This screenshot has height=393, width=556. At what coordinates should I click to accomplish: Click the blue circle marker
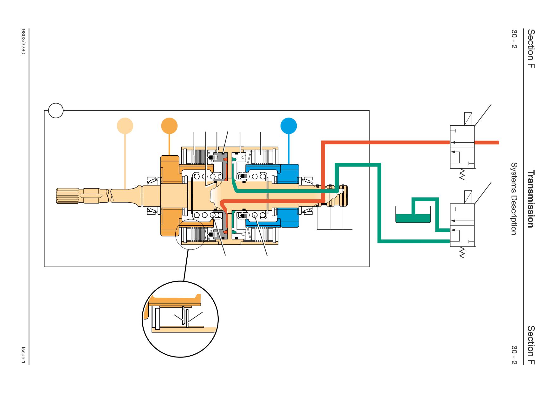[288, 126]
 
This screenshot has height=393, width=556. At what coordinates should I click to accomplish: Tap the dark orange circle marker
[169, 126]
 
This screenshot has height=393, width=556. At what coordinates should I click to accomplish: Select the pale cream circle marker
[125, 126]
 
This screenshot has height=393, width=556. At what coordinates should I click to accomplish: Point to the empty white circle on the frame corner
[56, 111]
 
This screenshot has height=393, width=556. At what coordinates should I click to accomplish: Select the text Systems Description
[514, 199]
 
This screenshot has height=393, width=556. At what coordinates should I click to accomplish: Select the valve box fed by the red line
[462, 147]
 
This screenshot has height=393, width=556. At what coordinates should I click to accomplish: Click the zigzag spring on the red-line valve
[462, 174]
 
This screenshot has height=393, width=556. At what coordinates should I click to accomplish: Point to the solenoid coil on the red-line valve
[468, 119]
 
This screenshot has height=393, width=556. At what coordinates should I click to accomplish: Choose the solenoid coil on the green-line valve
[468, 197]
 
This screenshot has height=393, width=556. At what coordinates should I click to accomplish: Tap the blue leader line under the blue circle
[288, 149]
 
